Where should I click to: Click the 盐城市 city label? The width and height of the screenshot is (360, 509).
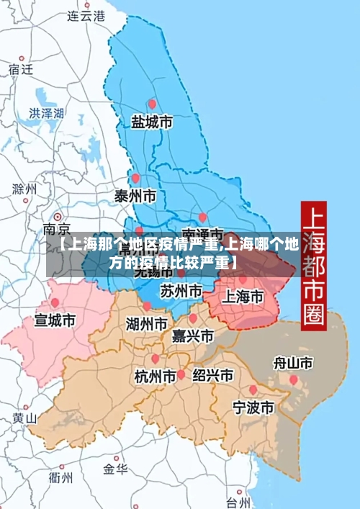pyautogui.click(x=151, y=123)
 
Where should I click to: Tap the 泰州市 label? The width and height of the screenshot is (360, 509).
pyautogui.click(x=135, y=196)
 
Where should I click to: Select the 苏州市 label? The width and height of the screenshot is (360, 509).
pyautogui.click(x=181, y=292)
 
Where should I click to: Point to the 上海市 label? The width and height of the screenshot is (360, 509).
pyautogui.click(x=241, y=296)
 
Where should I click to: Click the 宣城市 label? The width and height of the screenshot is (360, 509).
pyautogui.click(x=55, y=320)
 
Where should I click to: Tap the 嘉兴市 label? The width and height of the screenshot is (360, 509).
pyautogui.click(x=193, y=335)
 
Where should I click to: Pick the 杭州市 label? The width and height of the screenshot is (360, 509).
pyautogui.click(x=156, y=376)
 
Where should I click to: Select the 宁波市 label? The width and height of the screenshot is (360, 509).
pyautogui.click(x=253, y=407)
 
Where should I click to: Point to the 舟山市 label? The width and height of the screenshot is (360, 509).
pyautogui.click(x=293, y=362)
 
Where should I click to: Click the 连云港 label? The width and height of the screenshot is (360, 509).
pyautogui.click(x=85, y=15)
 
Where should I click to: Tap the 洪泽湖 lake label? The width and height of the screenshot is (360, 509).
pyautogui.click(x=47, y=113)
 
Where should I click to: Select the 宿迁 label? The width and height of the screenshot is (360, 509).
pyautogui.click(x=21, y=69)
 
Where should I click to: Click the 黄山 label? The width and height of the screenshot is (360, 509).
pyautogui.click(x=24, y=418)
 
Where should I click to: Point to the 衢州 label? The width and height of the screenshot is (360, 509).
pyautogui.click(x=60, y=477)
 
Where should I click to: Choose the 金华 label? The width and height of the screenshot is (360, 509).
pyautogui.click(x=115, y=469)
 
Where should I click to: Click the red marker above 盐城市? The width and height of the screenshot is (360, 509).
pyautogui.click(x=151, y=104)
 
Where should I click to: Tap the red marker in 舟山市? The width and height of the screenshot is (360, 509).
pyautogui.click(x=293, y=379)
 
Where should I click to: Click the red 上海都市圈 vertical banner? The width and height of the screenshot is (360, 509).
pyautogui.click(x=313, y=264)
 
